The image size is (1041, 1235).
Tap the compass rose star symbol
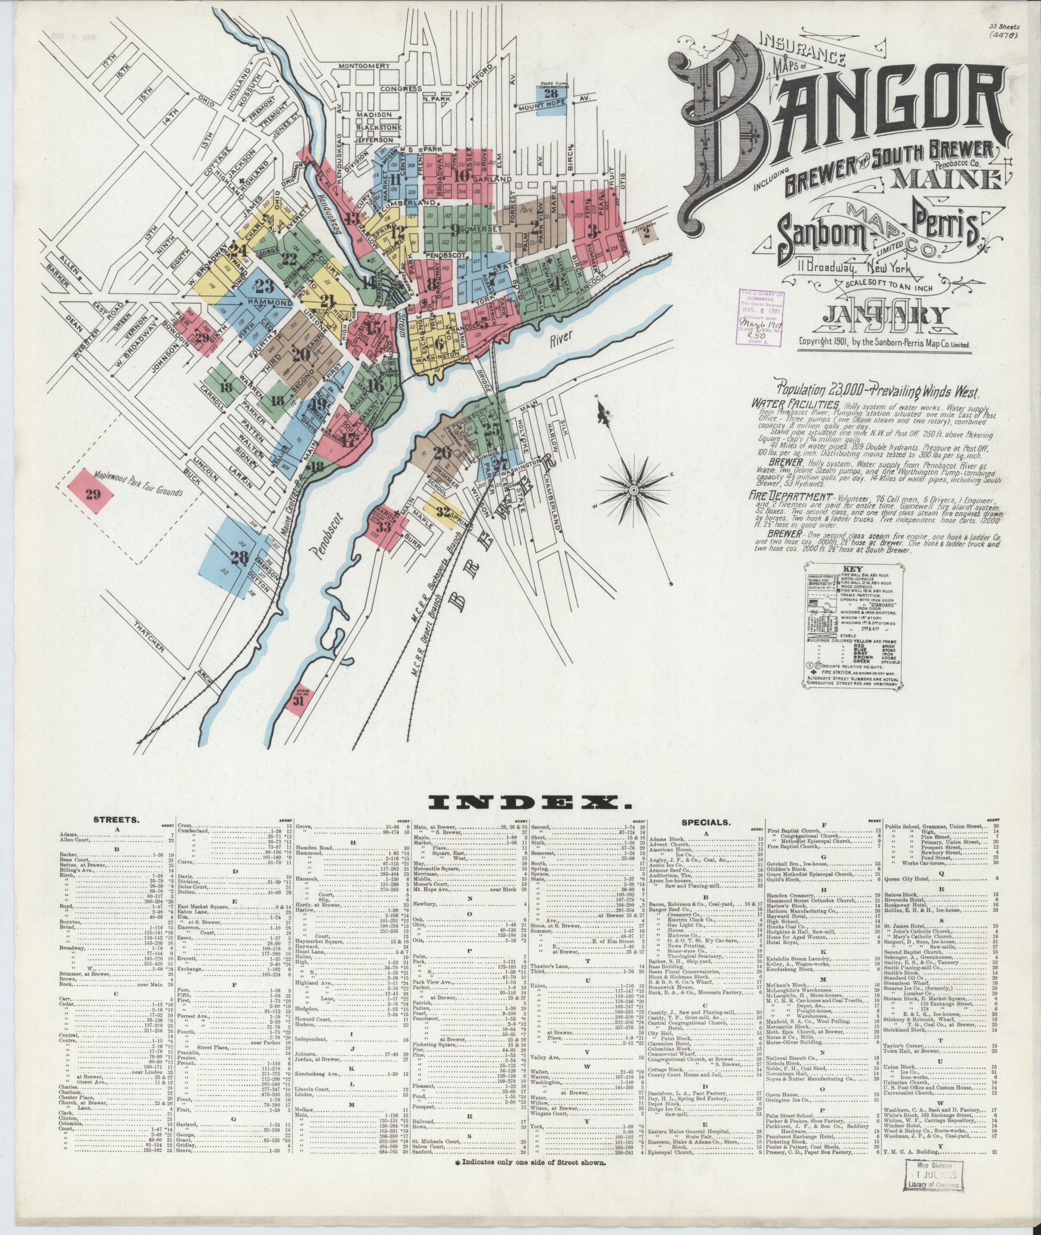point(633,490)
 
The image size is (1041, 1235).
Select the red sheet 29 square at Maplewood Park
point(93,494)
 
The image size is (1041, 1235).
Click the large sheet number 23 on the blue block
point(264,288)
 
